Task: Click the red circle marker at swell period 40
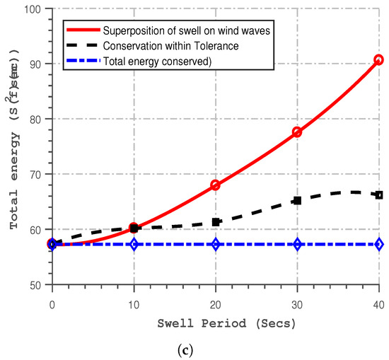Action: click(x=379, y=60)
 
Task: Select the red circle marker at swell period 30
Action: click(x=297, y=132)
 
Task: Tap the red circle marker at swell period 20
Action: click(x=216, y=185)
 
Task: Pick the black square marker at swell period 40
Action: click(x=379, y=195)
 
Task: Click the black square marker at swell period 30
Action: click(x=297, y=201)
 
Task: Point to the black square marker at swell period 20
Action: click(x=216, y=222)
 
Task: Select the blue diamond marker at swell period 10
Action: click(x=134, y=244)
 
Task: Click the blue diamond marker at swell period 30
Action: click(x=297, y=244)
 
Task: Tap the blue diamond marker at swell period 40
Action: click(x=379, y=244)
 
